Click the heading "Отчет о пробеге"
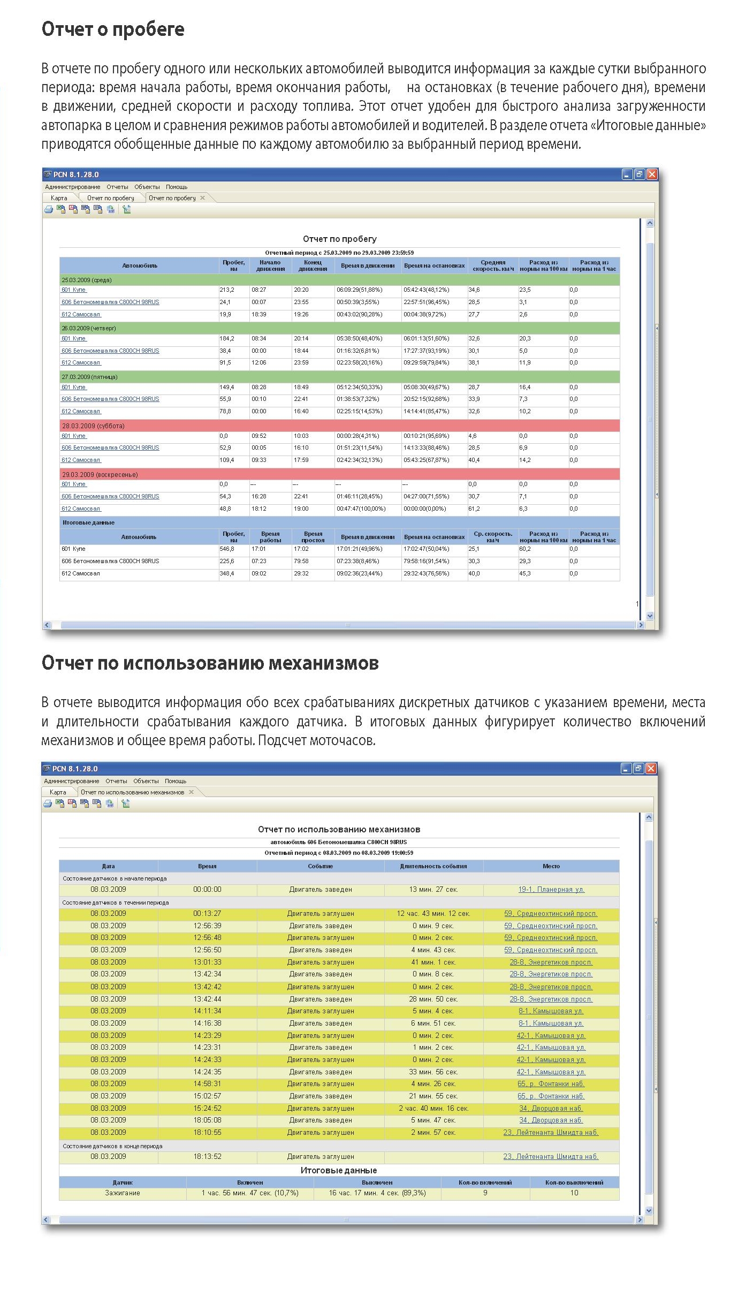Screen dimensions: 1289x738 113,29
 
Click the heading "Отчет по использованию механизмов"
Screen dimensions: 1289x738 210,663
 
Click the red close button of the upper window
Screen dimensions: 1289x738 652,175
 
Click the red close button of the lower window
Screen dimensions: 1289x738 651,769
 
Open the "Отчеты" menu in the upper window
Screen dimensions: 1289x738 117,187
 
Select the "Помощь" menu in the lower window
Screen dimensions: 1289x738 176,781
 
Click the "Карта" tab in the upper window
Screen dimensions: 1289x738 59,198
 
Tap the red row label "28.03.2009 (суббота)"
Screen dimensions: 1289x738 93,426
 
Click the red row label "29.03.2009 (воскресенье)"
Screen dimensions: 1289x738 100,475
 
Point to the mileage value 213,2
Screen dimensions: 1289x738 227,290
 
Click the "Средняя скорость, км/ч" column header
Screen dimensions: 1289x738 493,266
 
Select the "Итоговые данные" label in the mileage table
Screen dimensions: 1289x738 88,522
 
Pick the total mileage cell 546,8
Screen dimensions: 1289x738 227,549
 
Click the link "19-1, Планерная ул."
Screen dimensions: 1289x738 551,890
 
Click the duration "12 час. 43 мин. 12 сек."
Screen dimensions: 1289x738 433,914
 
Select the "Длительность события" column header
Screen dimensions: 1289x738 433,866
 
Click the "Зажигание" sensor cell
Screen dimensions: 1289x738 123,1193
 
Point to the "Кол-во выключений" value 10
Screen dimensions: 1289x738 574,1193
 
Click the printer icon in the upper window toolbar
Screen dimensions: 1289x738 49,210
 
